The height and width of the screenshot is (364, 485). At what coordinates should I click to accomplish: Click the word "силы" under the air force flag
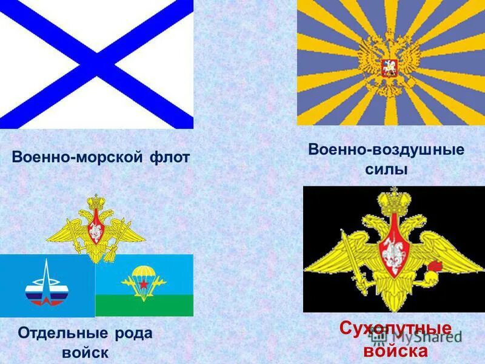coord(386,170)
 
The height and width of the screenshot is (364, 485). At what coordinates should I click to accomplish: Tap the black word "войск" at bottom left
coord(85,352)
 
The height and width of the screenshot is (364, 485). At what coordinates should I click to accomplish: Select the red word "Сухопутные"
coord(395,329)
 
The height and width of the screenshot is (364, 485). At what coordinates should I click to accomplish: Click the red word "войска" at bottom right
coord(395,351)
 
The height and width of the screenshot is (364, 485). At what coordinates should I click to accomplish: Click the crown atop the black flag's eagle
coord(395,200)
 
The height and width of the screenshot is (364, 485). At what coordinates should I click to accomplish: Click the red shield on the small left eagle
coord(96,229)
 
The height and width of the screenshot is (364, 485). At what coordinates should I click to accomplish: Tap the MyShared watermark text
coord(424,335)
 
